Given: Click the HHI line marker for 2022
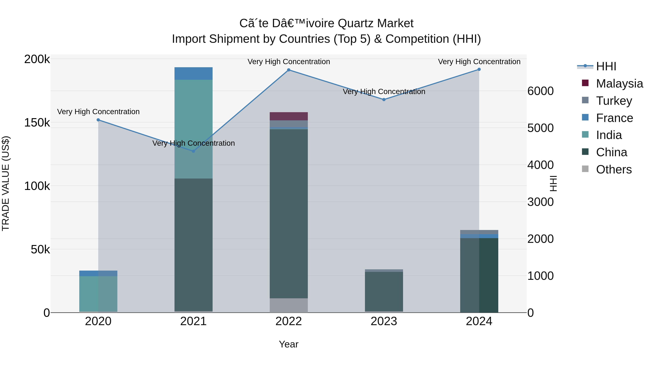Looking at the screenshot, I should [x=288, y=70].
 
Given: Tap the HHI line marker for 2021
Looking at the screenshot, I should [x=193, y=151].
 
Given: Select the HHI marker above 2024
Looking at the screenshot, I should [x=479, y=69].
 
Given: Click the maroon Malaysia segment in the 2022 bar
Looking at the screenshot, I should [x=288, y=116].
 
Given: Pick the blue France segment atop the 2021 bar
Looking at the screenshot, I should [x=193, y=73].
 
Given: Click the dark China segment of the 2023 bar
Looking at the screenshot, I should [x=384, y=291].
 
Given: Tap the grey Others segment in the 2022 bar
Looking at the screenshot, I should [x=288, y=305].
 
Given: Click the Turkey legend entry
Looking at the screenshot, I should [x=614, y=101].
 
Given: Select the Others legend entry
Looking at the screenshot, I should [x=613, y=169].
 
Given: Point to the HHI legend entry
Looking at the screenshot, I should [x=606, y=66].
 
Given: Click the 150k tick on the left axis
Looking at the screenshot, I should [x=37, y=123].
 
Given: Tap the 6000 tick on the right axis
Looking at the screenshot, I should [x=541, y=91].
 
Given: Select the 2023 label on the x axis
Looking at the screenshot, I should [x=384, y=321].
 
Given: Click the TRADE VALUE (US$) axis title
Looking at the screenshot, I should [x=6, y=183].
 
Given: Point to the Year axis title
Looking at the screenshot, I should [x=288, y=344].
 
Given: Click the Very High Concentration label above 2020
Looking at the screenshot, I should [x=98, y=112].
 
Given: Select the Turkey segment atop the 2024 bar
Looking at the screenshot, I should [x=479, y=232].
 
